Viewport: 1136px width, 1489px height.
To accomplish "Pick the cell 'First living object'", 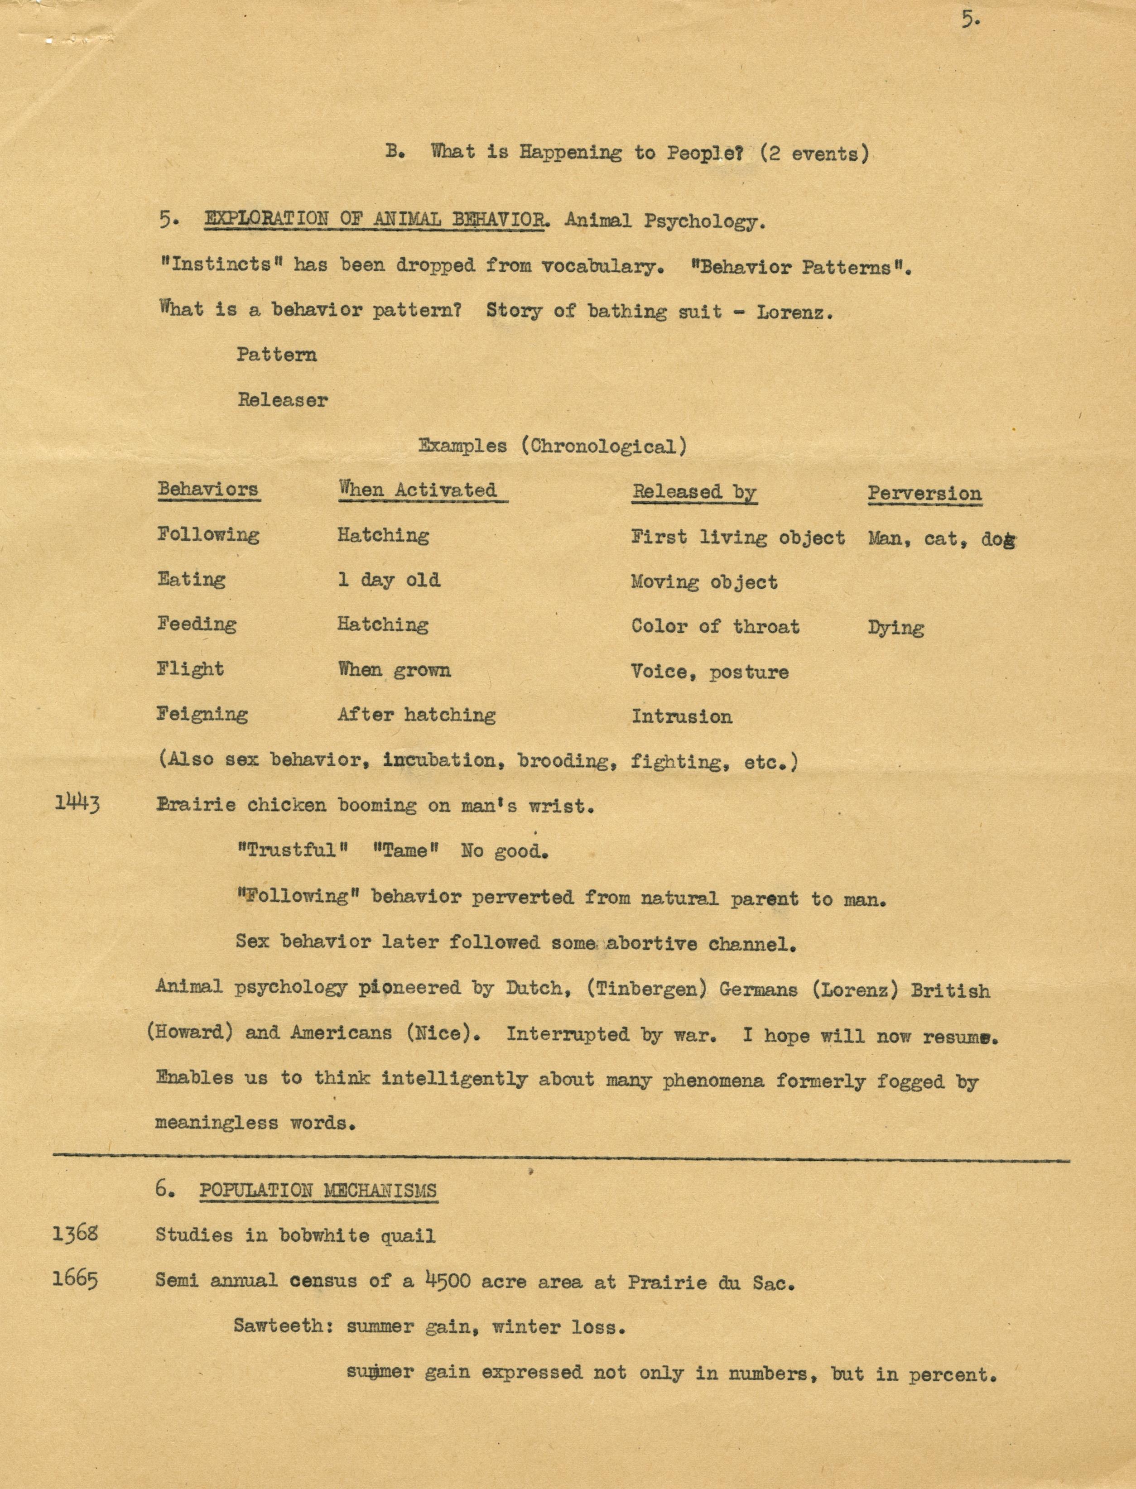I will coord(738,538).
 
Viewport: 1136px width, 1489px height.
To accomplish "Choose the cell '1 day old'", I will coord(389,580).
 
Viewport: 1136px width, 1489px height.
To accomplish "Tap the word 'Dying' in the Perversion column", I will coord(895,628).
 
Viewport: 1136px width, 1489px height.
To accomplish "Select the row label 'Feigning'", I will coord(202,715).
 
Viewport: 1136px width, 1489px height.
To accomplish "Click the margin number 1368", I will coord(75,1234).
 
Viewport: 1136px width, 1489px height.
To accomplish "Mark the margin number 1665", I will coord(75,1279).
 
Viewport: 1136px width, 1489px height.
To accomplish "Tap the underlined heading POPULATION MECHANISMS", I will coord(318,1190).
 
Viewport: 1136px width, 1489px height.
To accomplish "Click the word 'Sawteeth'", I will coord(284,1326).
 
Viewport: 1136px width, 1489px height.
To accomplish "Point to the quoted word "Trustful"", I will coord(292,850).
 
